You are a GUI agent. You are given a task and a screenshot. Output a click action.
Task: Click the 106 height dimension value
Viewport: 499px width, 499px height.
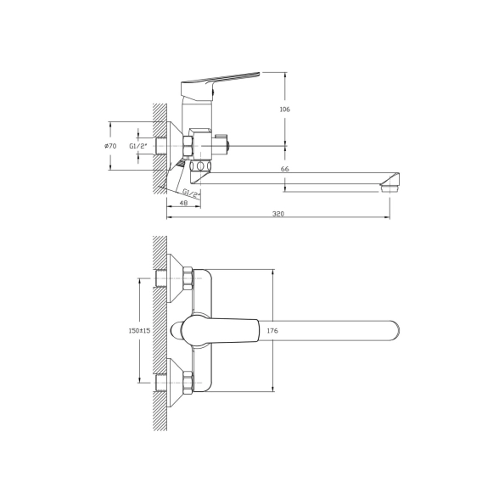(x=284, y=109)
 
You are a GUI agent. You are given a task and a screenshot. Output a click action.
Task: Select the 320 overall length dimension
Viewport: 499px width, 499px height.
(x=278, y=214)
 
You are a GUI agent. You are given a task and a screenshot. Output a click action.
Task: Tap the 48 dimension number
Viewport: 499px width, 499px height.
(x=183, y=203)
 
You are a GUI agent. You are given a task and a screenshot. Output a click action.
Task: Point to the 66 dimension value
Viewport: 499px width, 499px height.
(x=285, y=169)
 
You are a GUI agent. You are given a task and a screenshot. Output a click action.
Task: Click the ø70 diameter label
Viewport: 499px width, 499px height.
(x=110, y=146)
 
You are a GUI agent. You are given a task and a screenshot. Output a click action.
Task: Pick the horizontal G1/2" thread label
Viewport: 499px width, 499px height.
(x=138, y=146)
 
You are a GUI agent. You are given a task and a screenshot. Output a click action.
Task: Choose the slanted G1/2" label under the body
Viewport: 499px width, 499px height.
(x=192, y=193)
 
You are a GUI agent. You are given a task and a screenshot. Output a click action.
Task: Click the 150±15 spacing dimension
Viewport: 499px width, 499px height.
(x=139, y=331)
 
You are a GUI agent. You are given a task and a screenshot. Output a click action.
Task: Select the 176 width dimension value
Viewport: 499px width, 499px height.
(x=272, y=331)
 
